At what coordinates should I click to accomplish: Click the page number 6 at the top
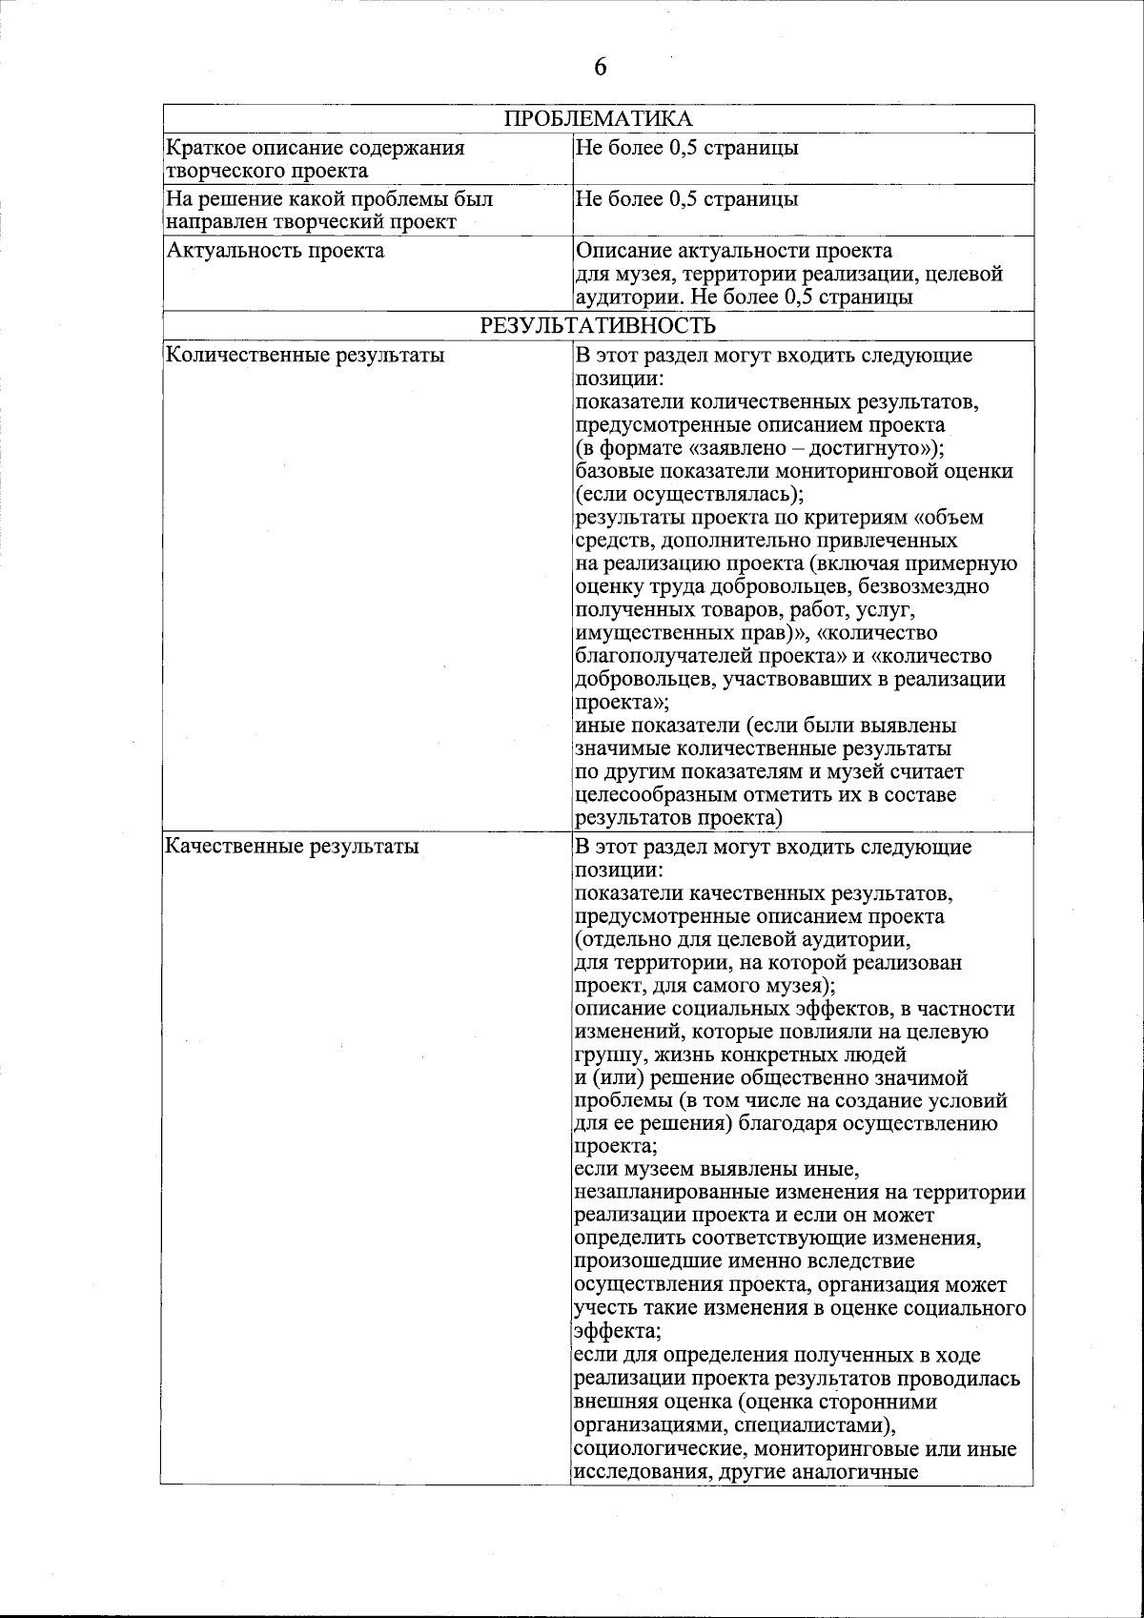[x=600, y=67]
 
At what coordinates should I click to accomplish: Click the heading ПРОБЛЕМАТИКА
[x=598, y=119]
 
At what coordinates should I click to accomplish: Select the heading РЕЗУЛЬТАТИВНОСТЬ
[x=598, y=326]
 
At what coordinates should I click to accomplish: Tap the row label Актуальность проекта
[x=276, y=251]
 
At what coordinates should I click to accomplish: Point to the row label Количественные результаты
[x=305, y=357]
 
